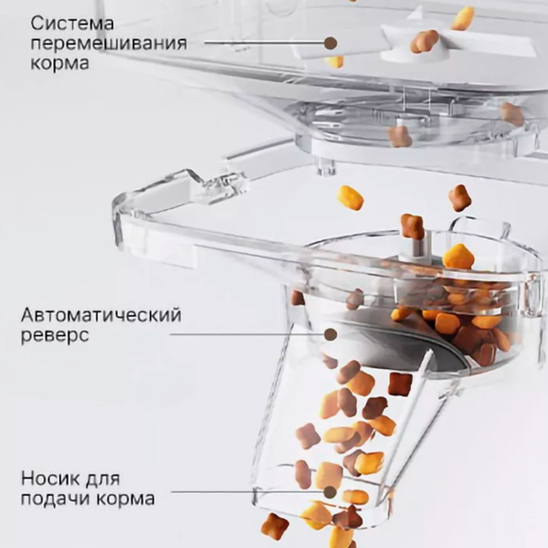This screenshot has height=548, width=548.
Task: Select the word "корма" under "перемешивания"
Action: click(x=58, y=64)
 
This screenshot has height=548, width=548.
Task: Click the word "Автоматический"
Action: click(x=100, y=315)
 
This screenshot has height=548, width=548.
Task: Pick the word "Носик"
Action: click(x=47, y=478)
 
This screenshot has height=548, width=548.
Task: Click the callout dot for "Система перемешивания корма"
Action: click(x=331, y=42)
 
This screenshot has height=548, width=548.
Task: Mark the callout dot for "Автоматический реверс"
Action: click(x=331, y=334)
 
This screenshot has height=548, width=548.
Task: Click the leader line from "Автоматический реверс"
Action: click(x=247, y=334)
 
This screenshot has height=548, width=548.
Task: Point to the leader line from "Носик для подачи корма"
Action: click(x=247, y=493)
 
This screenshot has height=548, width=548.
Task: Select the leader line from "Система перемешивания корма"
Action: click(x=265, y=42)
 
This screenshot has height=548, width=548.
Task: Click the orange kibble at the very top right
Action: click(x=463, y=17)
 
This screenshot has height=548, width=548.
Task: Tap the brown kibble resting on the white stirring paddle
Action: click(x=425, y=40)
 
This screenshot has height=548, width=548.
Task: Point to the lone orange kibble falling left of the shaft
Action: click(x=350, y=197)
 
